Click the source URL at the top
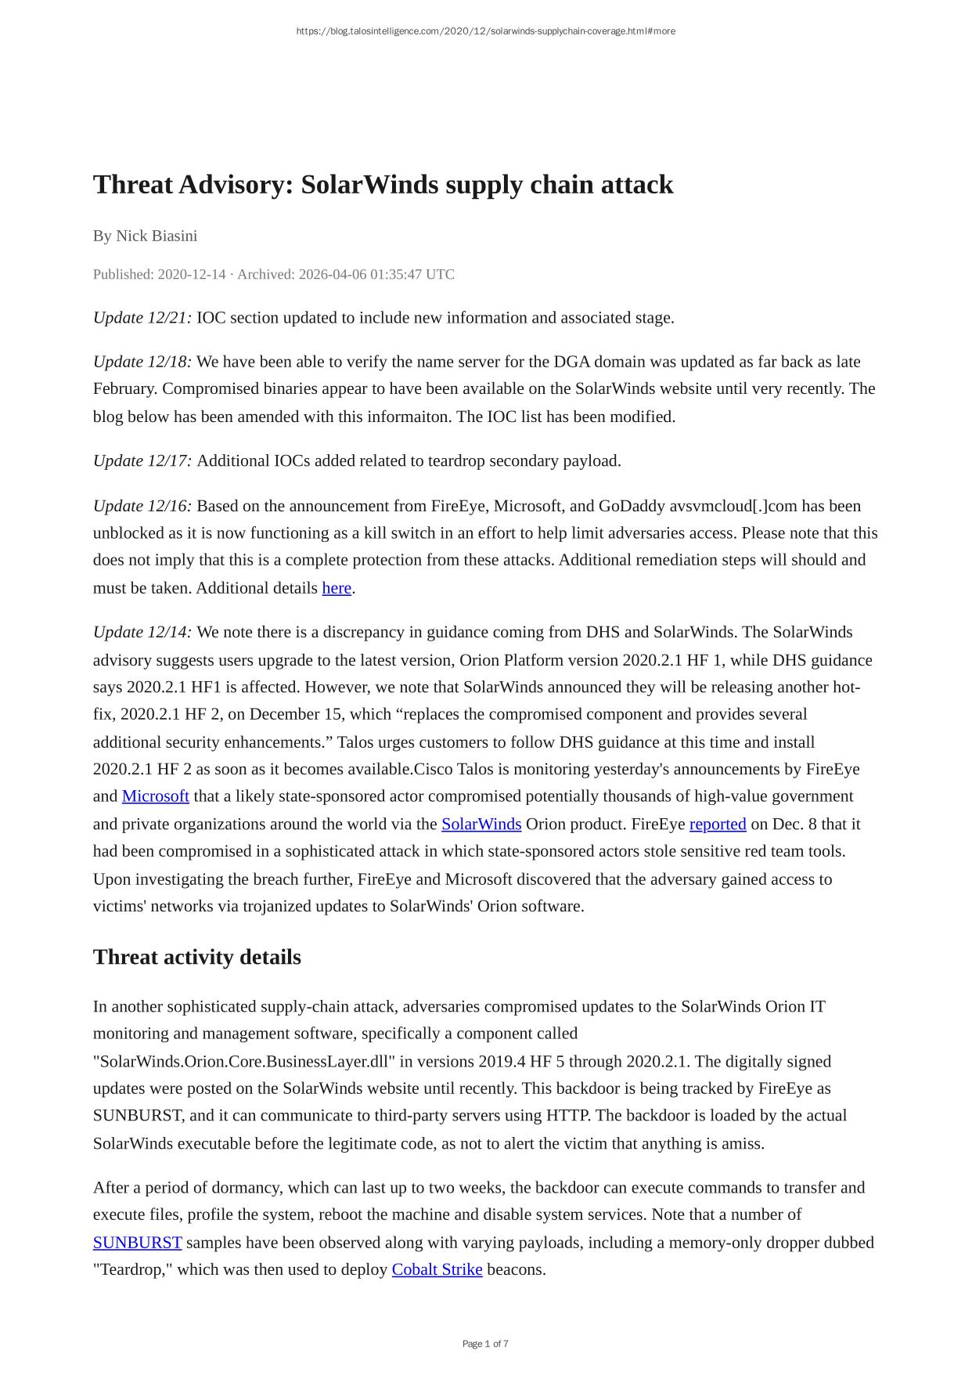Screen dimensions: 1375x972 click(485, 31)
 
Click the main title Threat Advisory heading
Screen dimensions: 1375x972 click(383, 185)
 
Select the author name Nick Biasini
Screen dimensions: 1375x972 click(157, 236)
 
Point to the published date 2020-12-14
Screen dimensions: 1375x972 click(191, 274)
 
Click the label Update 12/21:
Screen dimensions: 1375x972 click(142, 318)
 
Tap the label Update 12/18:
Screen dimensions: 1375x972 click(142, 362)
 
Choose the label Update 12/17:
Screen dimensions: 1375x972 click(142, 460)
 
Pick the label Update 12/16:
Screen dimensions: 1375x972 click(142, 506)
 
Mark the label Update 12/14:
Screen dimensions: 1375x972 click(142, 632)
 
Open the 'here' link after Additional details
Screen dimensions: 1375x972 click(337, 588)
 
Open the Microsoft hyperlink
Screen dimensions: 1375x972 click(155, 796)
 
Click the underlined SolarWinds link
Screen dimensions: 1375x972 click(481, 825)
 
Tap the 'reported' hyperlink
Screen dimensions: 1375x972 click(718, 825)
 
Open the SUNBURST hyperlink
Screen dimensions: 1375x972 click(137, 1243)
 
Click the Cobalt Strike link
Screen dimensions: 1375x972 click(437, 1269)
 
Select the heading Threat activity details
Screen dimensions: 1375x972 click(197, 958)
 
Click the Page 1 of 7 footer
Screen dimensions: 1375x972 click(485, 1344)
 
